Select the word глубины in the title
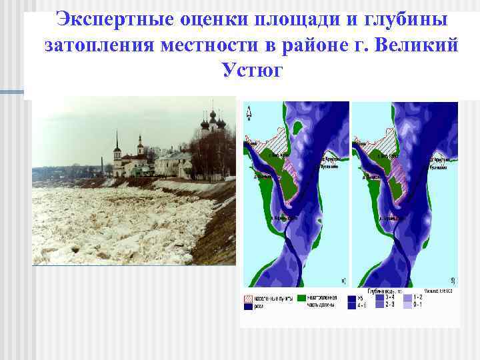[407, 20]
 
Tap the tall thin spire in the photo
[117, 143]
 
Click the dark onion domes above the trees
[212, 120]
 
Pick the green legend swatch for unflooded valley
[302, 297]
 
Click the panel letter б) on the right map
[453, 281]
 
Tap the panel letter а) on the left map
[343, 281]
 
